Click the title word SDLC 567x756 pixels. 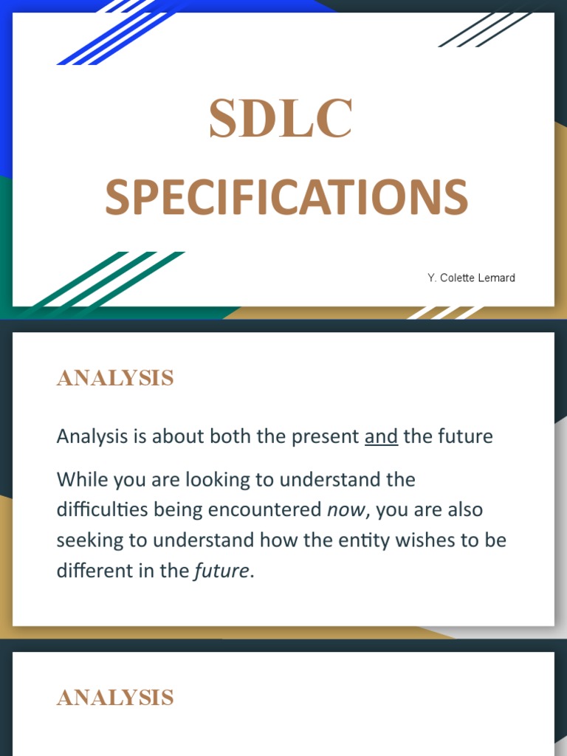point(281,120)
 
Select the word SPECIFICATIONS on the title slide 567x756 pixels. point(286,198)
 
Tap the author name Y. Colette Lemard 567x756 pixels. point(471,278)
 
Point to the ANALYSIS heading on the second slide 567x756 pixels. point(115,378)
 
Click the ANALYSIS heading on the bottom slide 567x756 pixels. point(115,698)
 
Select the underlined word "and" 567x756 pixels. point(381,436)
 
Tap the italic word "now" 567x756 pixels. point(346,510)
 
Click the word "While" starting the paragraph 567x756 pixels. point(80,480)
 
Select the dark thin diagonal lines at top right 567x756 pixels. point(480,30)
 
